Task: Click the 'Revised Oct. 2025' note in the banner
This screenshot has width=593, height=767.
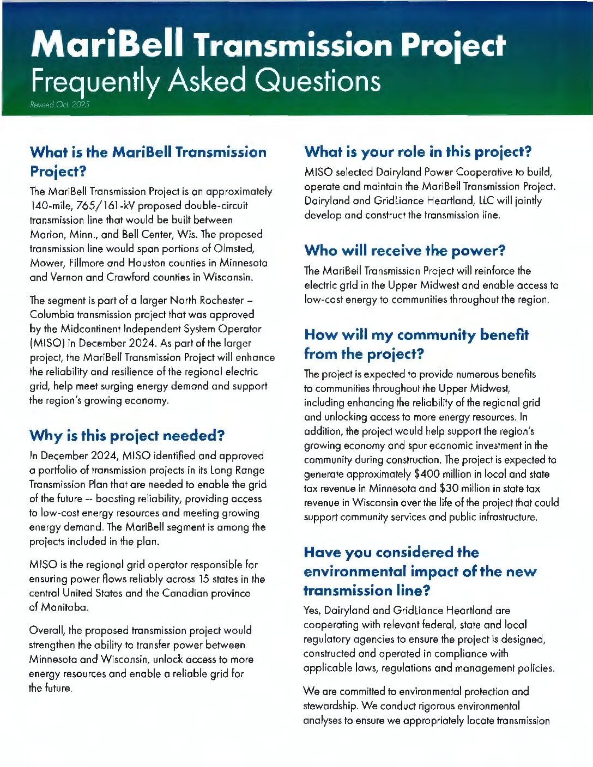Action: click(x=60, y=105)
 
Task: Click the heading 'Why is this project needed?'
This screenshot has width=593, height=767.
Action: click(x=127, y=436)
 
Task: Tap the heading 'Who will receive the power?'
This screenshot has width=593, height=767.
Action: click(x=404, y=251)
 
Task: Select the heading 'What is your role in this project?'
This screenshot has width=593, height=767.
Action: click(x=417, y=152)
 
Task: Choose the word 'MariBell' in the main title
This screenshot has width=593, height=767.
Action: click(x=107, y=45)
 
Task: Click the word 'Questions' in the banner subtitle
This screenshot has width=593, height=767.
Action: click(x=318, y=81)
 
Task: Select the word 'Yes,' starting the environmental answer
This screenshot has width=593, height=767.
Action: click(x=313, y=610)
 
